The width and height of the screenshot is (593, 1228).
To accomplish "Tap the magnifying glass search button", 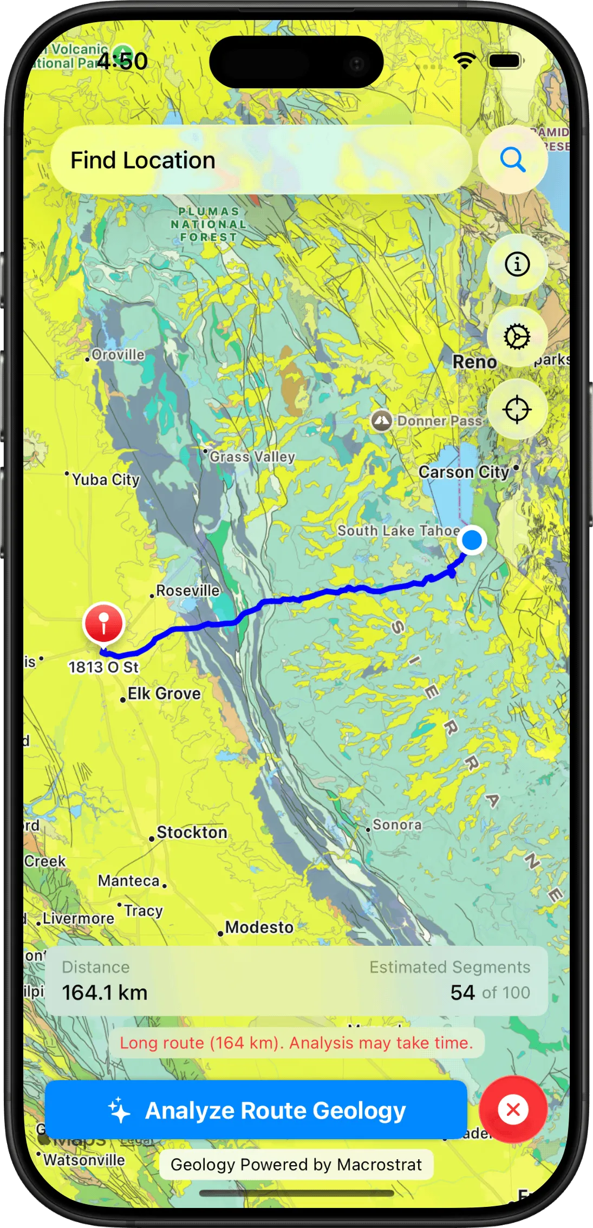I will (x=512, y=160).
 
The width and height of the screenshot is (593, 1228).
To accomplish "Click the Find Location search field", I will (x=260, y=160).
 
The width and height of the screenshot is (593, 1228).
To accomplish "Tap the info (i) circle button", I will (x=517, y=264).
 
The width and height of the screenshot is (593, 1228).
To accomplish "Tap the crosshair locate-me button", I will (x=517, y=410).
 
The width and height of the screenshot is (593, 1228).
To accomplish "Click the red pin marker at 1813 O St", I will (x=103, y=623).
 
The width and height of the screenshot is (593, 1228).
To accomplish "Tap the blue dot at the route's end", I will (x=472, y=540).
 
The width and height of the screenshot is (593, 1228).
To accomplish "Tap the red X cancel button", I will (x=512, y=1109).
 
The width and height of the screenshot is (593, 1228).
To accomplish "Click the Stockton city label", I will (x=192, y=833).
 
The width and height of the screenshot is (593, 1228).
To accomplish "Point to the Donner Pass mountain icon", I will (x=381, y=420).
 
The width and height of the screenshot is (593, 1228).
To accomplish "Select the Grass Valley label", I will (x=252, y=457).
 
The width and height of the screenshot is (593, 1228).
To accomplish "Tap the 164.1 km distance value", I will (x=105, y=993).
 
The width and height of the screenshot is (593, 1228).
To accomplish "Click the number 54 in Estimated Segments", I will (x=462, y=993).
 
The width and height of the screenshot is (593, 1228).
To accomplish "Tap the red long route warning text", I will (x=296, y=1043).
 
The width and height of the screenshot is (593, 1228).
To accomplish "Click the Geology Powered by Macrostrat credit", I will (x=296, y=1165).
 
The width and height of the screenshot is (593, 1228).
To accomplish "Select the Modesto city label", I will (x=259, y=927).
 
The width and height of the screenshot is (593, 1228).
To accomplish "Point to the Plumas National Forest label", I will (x=208, y=224).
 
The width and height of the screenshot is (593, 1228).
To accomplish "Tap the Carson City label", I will (x=464, y=472).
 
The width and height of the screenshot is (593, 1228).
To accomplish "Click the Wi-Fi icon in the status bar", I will (x=464, y=61).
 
